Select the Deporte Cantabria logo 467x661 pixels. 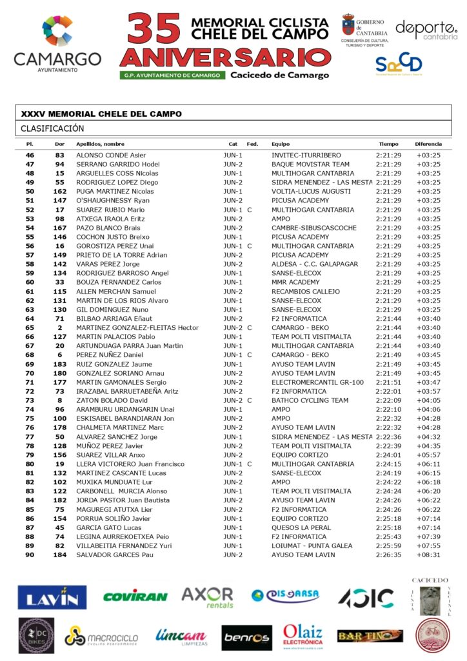425,29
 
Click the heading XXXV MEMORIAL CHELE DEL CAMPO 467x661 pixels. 101,114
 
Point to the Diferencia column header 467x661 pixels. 428,144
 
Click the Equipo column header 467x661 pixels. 281,144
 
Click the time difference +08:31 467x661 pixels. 428,554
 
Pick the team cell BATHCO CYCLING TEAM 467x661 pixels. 301,400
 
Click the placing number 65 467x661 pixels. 30,328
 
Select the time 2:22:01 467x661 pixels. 388,391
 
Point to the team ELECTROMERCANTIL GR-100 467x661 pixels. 308,382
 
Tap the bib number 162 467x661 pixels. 60,192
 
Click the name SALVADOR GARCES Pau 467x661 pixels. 115,554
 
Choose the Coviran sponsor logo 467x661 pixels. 135,597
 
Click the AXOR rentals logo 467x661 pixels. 207,597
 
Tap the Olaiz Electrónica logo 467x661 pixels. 303,636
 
